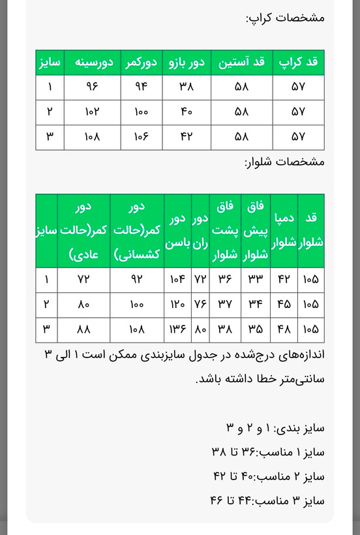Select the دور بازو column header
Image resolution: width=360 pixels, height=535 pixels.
[x=187, y=63]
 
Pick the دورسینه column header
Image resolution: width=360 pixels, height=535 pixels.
[x=91, y=63]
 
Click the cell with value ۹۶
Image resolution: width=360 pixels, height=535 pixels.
[x=91, y=87]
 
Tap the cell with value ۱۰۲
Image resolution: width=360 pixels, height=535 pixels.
[x=91, y=112]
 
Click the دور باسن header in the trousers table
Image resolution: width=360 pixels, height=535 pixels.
[x=177, y=230]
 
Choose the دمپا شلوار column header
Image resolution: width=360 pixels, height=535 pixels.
[x=284, y=230]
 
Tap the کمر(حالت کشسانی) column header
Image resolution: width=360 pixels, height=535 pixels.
[x=136, y=230]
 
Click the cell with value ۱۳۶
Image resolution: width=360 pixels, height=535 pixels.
[x=177, y=329]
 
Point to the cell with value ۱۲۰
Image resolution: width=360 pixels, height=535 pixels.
[x=177, y=304]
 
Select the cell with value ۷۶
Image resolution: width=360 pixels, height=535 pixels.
[x=200, y=304]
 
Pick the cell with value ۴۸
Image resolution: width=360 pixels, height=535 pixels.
[x=284, y=329]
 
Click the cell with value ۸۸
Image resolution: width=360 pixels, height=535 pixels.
[x=83, y=329]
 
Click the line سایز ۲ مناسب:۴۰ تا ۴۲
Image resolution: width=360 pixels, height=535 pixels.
[x=269, y=476]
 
